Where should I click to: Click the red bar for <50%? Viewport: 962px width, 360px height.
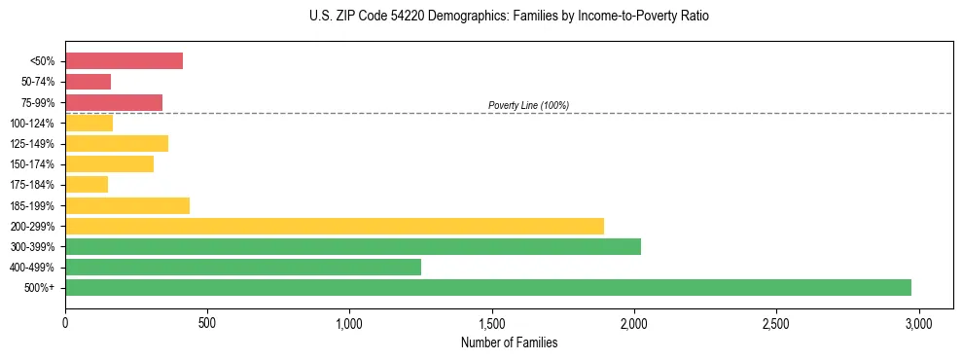[x=124, y=61]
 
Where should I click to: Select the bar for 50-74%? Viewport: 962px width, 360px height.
[x=88, y=82]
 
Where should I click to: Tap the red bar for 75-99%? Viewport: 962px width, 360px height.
[x=114, y=102]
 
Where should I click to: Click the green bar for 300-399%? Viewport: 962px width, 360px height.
[x=353, y=246]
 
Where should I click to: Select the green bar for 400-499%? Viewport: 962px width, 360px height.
[x=243, y=267]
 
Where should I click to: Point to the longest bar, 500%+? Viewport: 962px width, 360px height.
[x=488, y=287]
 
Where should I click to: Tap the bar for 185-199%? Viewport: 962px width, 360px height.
[x=127, y=205]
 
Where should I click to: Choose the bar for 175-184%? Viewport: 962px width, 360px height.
[x=87, y=185]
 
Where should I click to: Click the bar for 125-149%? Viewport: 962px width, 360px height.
[x=117, y=143]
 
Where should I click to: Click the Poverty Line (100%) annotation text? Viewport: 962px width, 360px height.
[x=528, y=105]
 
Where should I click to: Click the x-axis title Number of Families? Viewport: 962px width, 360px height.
[x=510, y=342]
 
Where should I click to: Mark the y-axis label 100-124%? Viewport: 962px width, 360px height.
[x=31, y=124]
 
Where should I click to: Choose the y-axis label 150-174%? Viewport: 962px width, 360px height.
[x=31, y=164]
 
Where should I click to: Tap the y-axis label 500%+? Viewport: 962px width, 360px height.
[x=40, y=288]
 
